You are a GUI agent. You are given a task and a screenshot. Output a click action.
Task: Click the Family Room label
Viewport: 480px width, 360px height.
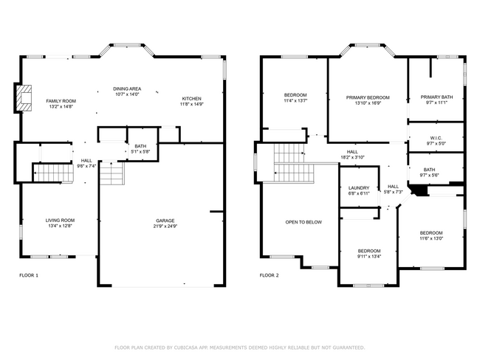(x=61, y=101)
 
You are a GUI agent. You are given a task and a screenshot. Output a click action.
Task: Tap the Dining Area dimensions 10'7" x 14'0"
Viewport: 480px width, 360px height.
(x=127, y=94)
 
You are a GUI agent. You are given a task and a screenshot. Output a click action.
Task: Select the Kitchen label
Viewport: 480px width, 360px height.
(x=191, y=99)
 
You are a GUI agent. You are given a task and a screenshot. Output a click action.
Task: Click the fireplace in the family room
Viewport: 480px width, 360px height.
(x=25, y=99)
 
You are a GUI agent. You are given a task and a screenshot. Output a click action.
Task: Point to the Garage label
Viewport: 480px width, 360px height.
(x=165, y=221)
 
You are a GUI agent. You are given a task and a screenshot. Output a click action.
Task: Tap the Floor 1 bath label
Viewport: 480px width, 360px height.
(x=140, y=147)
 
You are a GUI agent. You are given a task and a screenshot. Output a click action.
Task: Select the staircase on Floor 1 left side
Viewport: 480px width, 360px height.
(x=52, y=173)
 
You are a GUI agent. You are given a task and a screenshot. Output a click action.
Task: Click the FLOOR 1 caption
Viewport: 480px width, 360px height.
(x=29, y=275)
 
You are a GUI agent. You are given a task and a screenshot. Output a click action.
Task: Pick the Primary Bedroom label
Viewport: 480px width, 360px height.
(x=368, y=97)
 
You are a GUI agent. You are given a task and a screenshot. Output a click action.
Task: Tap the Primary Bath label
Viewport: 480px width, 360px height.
(x=436, y=97)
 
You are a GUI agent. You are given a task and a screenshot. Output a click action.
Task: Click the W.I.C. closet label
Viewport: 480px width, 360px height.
(x=436, y=137)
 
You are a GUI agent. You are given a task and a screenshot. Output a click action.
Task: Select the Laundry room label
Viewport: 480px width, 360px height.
(x=358, y=188)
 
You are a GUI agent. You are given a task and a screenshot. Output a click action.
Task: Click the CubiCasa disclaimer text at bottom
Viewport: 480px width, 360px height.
(x=240, y=347)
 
